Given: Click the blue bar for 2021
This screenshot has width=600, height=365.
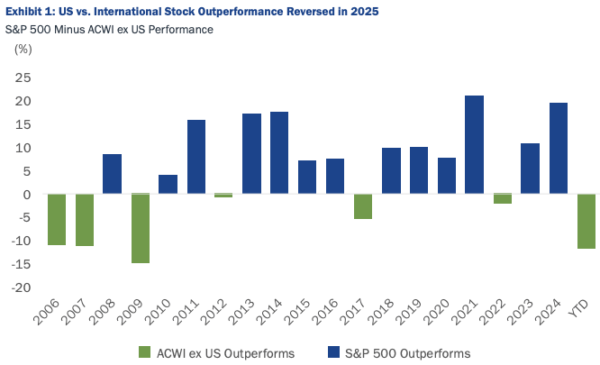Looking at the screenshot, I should pos(475,145).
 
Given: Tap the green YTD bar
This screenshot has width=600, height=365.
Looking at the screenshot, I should pos(586,221).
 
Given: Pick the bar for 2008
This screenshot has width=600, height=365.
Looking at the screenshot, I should pos(112,174).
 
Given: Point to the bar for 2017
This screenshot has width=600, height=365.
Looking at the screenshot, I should pos(363,206).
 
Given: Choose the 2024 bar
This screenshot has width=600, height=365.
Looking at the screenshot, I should pos(559,149).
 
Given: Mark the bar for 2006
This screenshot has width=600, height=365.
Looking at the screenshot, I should pos(56,219).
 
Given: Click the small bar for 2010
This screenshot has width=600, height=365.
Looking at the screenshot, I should pos(168,185).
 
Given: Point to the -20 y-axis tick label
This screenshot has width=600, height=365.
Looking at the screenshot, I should pos(21,287).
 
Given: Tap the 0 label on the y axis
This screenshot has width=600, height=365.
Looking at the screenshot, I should pos(28,195).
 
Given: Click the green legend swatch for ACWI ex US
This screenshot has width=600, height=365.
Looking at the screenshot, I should pos(144,351).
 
